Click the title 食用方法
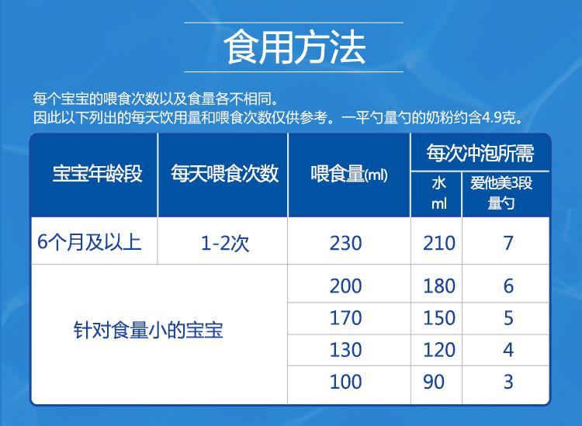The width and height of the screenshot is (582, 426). (294, 47)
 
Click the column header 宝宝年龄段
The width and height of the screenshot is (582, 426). (97, 173)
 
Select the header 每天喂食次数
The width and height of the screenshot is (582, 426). (224, 173)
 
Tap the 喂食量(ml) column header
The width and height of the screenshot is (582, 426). (349, 174)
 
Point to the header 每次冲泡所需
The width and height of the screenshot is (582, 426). (480, 153)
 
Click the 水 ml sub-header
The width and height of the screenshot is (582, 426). (438, 193)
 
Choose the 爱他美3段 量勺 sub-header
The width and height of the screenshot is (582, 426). (501, 193)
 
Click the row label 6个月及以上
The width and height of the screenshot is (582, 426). (89, 243)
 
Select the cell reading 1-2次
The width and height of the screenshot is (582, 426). (225, 244)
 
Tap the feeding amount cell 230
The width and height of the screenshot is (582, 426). (345, 244)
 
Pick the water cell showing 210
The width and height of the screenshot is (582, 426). (439, 244)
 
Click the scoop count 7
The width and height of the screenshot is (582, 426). (508, 244)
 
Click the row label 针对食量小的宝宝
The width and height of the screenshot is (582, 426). (148, 330)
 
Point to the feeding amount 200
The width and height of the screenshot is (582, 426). (345, 286)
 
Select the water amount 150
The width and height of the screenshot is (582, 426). (439, 318)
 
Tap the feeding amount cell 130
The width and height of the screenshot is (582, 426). (345, 350)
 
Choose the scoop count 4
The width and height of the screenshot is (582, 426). (508, 350)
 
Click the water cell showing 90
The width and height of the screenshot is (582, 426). (434, 382)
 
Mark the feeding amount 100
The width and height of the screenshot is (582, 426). (345, 382)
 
